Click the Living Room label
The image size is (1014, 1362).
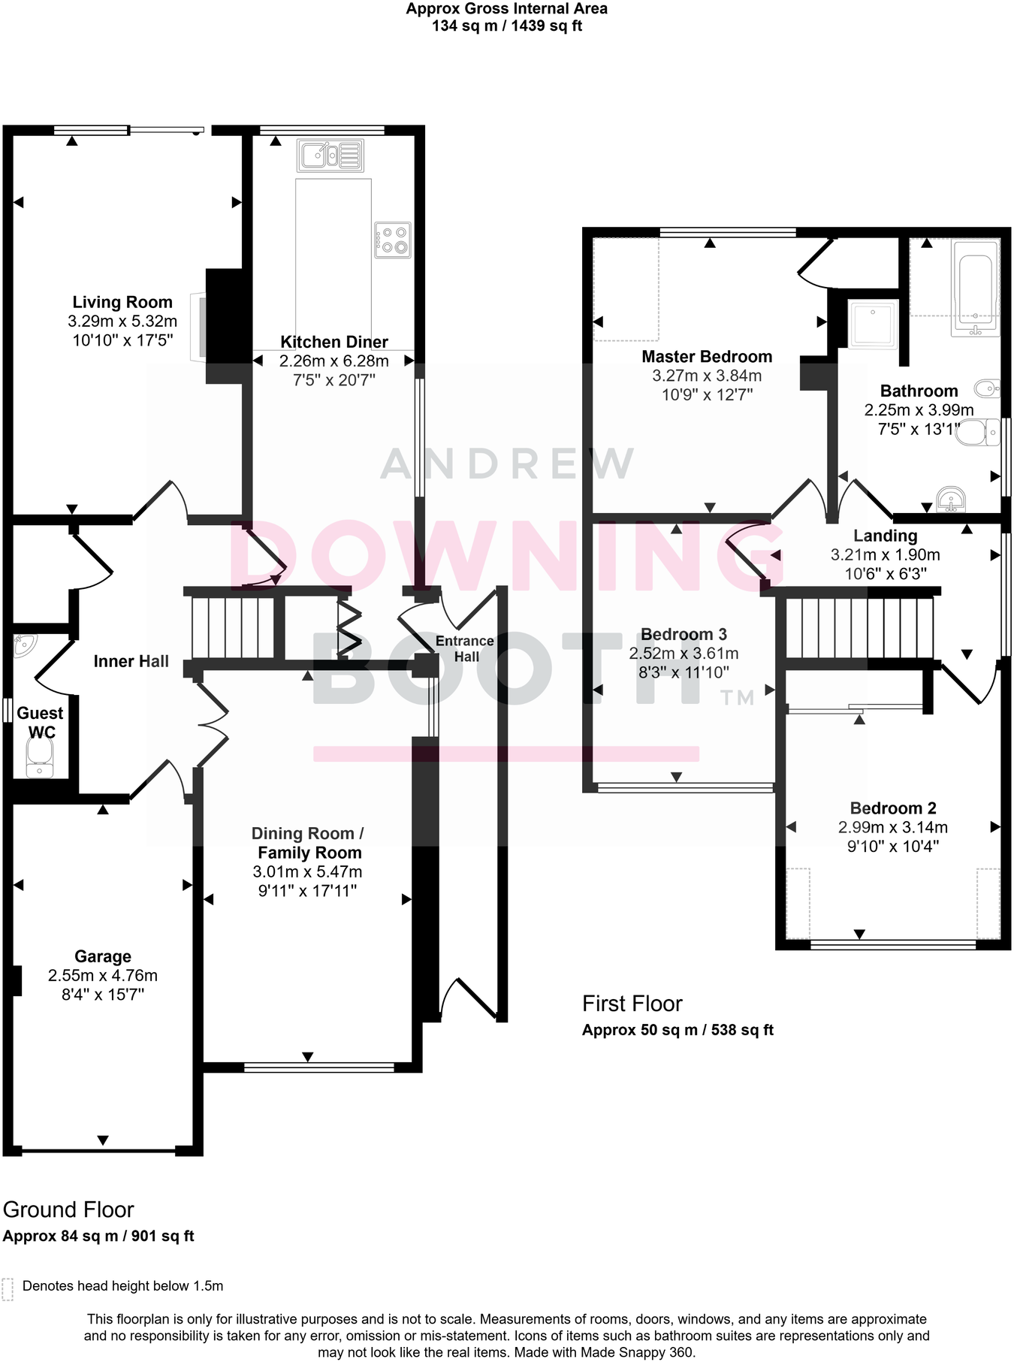[122, 302]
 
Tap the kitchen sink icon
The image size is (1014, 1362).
[330, 156]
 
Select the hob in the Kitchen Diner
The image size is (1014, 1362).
[393, 240]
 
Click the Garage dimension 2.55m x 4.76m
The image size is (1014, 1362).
[103, 976]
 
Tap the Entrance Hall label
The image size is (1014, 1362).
[465, 648]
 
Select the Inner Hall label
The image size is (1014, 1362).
[131, 661]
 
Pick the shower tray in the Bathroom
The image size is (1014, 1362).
[874, 323]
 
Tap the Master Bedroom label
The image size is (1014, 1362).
[707, 357]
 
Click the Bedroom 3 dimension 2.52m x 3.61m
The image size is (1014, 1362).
[684, 654]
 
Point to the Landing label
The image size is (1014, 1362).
[885, 536]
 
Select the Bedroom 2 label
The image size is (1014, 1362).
[893, 808]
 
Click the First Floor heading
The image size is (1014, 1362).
[632, 1004]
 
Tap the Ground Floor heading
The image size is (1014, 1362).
[68, 1209]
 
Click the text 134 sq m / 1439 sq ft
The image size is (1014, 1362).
[507, 26]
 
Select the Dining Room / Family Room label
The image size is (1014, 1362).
[308, 843]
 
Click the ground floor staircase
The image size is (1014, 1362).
[233, 627]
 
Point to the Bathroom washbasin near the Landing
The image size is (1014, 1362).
[952, 498]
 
